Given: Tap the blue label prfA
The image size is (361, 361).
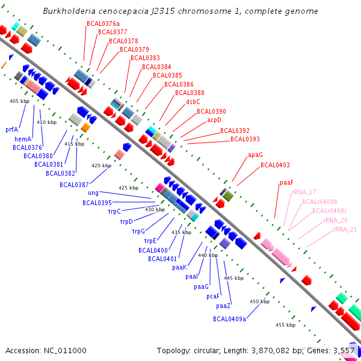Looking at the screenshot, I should click(x=12, y=129).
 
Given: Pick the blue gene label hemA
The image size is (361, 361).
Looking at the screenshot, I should click(x=23, y=139).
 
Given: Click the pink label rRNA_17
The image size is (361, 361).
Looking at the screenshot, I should click(x=304, y=192).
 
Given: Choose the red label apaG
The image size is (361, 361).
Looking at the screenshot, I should click(x=255, y=155).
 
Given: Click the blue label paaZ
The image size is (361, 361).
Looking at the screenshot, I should click(x=223, y=306).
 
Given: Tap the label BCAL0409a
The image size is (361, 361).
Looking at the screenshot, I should click(x=229, y=319).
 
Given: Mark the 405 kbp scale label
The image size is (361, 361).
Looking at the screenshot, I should click(x=19, y=101).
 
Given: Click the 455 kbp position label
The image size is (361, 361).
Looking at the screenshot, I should click(x=285, y=325).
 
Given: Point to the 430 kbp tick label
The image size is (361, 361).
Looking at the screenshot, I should click(x=155, y=209).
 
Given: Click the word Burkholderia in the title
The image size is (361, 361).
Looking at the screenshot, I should click(x=71, y=11).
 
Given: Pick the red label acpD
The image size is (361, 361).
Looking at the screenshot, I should click(x=214, y=120).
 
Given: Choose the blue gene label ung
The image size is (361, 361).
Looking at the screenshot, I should click(x=93, y=193).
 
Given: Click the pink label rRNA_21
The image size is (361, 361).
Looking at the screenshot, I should click(x=345, y=229).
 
